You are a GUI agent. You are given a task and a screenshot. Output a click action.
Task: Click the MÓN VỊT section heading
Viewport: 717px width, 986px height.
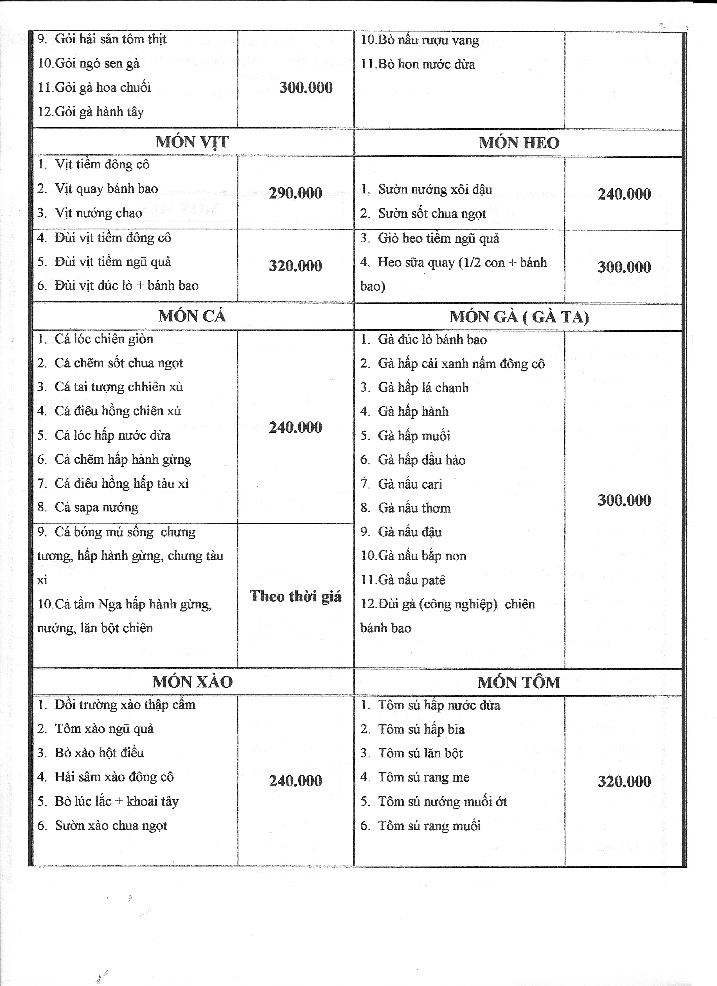click(192, 142)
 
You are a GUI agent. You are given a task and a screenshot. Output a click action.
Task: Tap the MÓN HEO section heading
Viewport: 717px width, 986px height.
click(519, 143)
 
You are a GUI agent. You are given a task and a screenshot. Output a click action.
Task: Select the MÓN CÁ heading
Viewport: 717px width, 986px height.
click(192, 316)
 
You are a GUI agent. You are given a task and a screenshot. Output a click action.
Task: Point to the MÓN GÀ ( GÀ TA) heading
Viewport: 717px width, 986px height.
click(519, 317)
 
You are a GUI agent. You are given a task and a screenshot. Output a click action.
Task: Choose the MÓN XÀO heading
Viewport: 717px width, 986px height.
click(192, 682)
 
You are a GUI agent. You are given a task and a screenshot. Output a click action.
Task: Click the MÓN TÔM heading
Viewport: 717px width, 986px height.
click(519, 683)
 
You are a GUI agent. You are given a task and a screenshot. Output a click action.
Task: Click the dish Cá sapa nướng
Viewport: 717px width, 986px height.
click(96, 507)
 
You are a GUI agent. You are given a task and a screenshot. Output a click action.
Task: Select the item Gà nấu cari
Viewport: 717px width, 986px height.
click(410, 484)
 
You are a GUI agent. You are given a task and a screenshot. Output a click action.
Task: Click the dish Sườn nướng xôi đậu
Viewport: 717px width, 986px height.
click(435, 189)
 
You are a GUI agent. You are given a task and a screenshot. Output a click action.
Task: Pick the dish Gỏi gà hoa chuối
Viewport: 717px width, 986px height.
click(103, 87)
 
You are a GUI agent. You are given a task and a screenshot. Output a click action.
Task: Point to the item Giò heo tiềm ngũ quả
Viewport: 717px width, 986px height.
click(438, 238)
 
